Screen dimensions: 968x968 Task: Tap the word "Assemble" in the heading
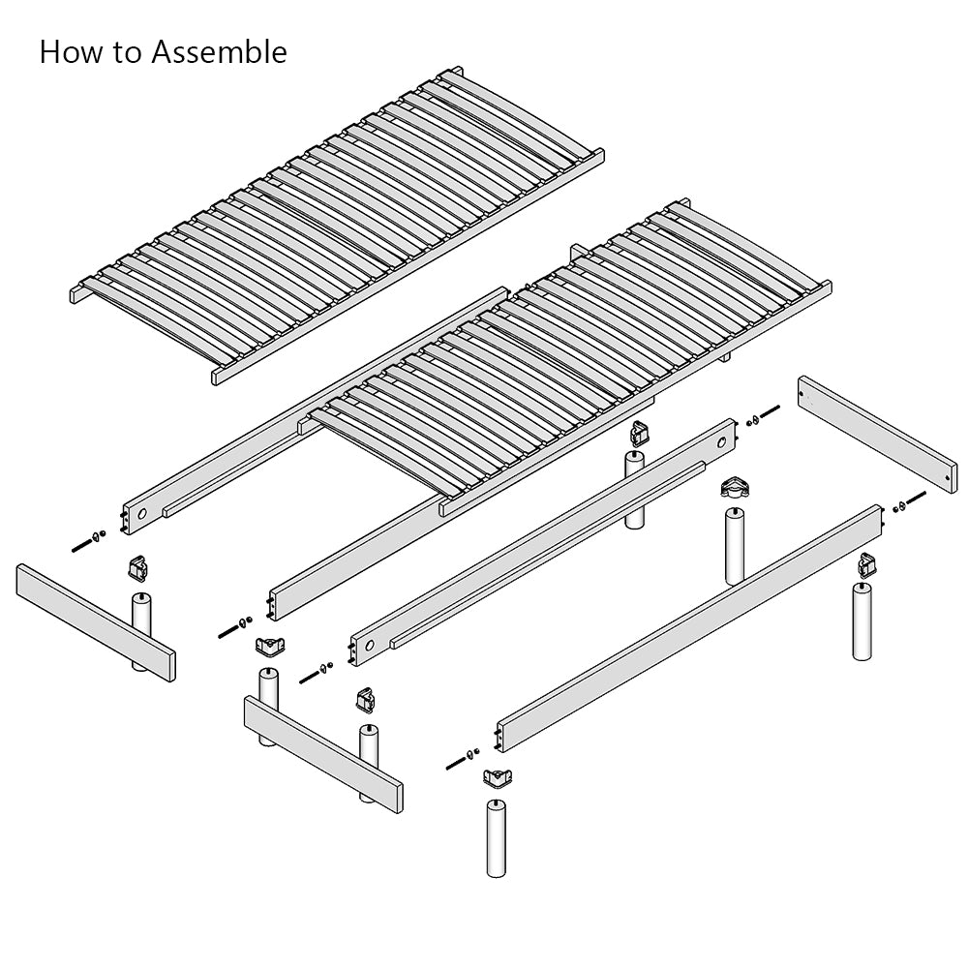[x=220, y=52]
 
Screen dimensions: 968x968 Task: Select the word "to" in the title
[x=128, y=53]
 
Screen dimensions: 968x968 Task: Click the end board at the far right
[x=877, y=433]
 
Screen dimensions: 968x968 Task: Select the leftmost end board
[x=96, y=622]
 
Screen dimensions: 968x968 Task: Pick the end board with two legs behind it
[x=323, y=754]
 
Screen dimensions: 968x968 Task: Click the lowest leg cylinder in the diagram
[x=496, y=837]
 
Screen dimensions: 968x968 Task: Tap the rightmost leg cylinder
[x=862, y=621]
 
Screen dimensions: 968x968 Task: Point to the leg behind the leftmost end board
[x=141, y=631]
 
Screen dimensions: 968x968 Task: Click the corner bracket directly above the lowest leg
[x=498, y=778]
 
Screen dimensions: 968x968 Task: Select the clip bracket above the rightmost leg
[x=867, y=563]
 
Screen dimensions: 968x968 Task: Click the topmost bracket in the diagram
[x=640, y=433]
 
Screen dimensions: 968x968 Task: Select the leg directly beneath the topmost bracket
[x=635, y=490]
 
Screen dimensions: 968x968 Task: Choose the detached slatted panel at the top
[x=337, y=226]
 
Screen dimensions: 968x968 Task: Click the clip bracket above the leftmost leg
[x=138, y=568]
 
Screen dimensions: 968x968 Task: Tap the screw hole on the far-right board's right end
[x=949, y=477]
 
